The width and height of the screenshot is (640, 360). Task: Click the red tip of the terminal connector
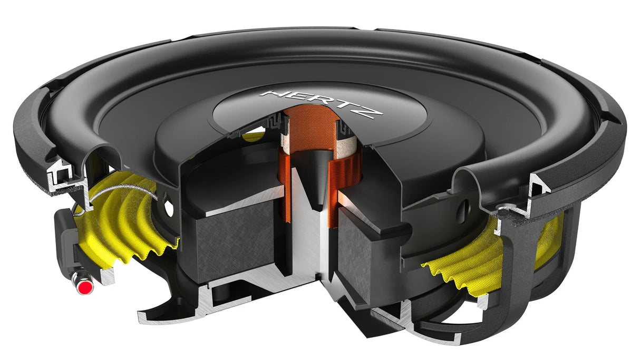pos(83,288)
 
